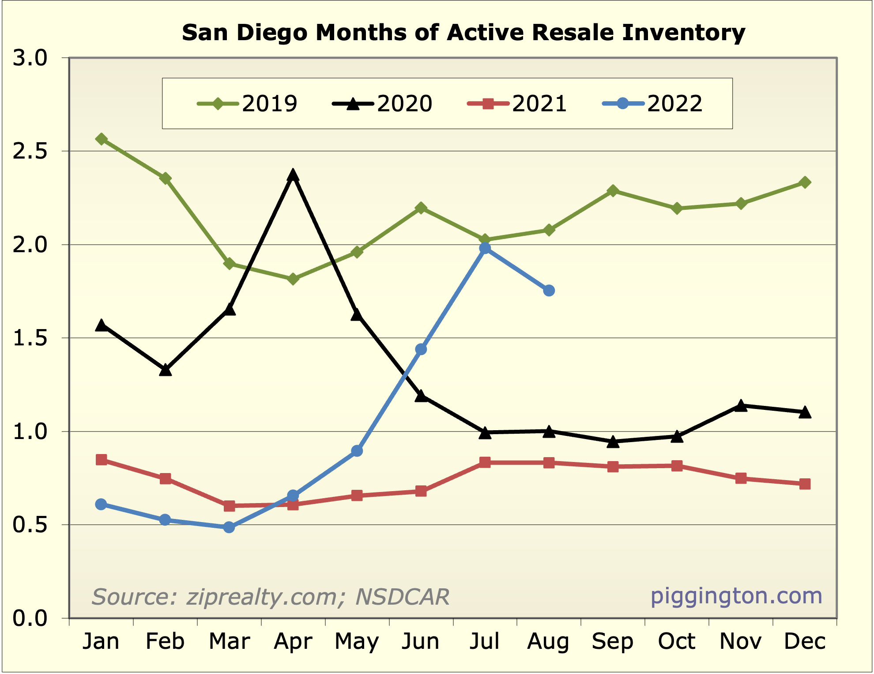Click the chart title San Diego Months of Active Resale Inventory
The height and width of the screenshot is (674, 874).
(x=463, y=33)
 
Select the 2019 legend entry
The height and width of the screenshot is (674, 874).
(x=247, y=104)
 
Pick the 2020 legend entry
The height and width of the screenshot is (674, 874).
(x=382, y=104)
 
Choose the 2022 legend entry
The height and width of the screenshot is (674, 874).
(x=652, y=104)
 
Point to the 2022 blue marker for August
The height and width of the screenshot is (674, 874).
(x=549, y=291)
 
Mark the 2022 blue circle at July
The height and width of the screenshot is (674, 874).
(x=485, y=248)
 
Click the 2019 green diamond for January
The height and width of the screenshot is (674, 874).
(x=101, y=139)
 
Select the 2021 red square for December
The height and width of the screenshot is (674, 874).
(x=805, y=484)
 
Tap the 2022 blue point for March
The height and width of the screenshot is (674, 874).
(x=229, y=527)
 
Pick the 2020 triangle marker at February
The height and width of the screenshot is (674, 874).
(x=165, y=370)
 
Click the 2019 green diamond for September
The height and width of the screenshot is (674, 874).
(x=613, y=191)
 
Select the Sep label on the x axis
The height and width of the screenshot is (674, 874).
(x=613, y=641)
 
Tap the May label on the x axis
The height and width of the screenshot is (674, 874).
(x=357, y=641)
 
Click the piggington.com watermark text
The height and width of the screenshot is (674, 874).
(x=736, y=596)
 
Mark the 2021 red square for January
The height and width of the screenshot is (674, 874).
(x=101, y=460)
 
